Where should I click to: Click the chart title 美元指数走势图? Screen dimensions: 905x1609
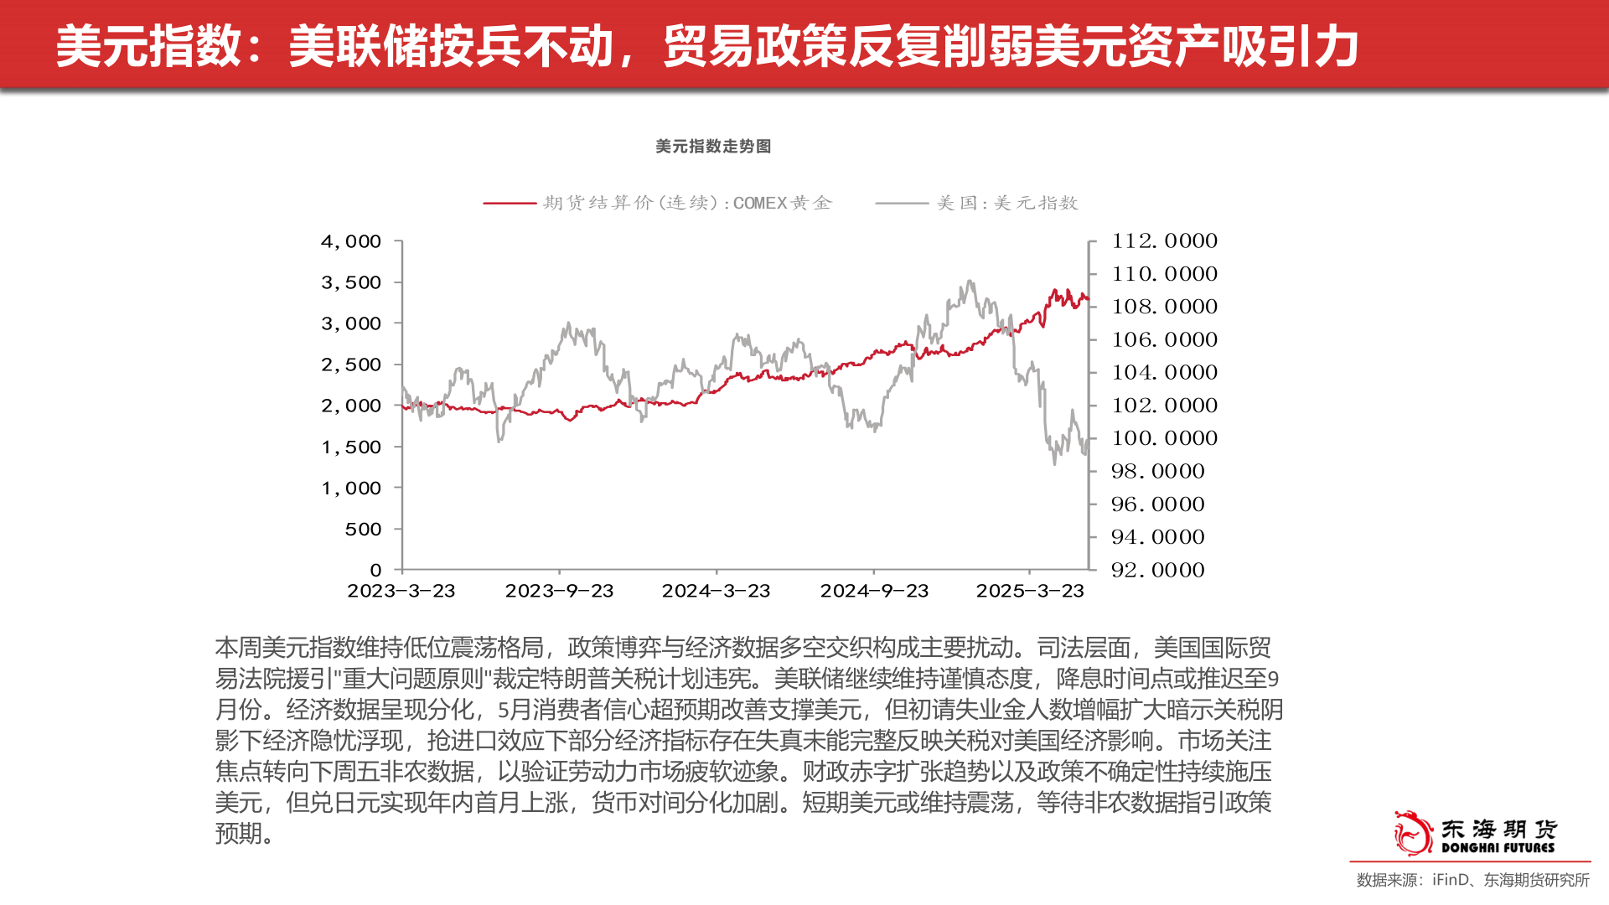point(713,147)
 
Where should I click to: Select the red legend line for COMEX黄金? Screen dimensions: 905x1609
point(510,203)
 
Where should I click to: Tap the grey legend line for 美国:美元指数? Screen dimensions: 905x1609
point(902,203)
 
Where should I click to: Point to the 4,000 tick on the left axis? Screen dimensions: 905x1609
point(351,241)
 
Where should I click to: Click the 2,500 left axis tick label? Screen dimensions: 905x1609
point(351,365)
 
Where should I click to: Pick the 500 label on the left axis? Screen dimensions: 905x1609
point(363,530)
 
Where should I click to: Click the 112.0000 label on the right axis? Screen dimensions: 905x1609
point(1164,241)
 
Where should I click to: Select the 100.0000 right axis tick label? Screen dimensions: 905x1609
point(1164,438)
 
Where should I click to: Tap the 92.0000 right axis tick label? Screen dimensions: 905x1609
point(1157,571)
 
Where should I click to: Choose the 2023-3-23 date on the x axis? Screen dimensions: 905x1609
point(401,591)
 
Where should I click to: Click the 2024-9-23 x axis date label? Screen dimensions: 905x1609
point(874,591)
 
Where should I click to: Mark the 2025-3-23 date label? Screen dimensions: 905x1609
point(1030,591)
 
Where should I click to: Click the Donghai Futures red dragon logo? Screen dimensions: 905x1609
point(1413,833)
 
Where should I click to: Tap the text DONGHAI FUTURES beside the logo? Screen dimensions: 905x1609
point(1498,848)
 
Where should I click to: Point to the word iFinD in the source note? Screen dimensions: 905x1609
point(1451,880)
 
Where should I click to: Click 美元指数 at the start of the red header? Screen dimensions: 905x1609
point(149,46)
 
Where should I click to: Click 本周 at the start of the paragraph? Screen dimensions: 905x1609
point(238,648)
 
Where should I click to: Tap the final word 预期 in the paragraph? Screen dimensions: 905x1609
point(238,834)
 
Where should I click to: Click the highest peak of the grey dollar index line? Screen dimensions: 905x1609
point(970,282)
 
